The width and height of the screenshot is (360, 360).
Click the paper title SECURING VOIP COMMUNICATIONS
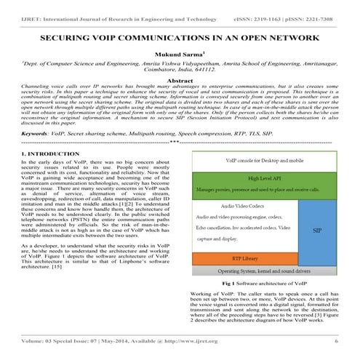click(x=179, y=36)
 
